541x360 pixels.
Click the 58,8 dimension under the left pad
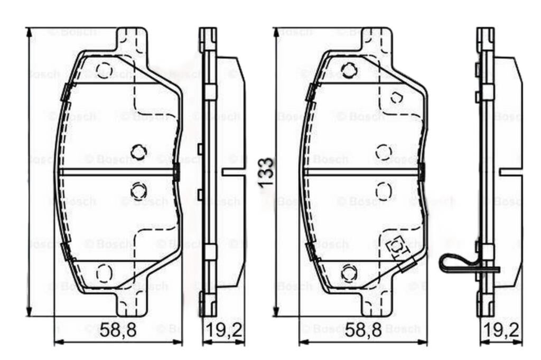tap(118, 331)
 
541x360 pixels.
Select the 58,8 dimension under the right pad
tap(363, 331)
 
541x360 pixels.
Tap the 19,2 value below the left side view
tap(223, 331)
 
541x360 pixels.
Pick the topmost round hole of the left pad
tap(104, 70)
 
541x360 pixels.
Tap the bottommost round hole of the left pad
tap(104, 272)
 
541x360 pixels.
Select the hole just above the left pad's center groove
tap(138, 152)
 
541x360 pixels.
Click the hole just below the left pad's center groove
tap(138, 190)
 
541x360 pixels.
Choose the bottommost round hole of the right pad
tap(348, 272)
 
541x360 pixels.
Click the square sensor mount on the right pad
tap(395, 247)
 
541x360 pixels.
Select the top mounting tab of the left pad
tap(132, 39)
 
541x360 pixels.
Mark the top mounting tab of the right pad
tap(376, 39)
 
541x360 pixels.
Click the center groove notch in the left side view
tap(232, 171)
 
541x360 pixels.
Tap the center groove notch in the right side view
tap(510, 171)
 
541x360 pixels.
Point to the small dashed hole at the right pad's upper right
tap(397, 97)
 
